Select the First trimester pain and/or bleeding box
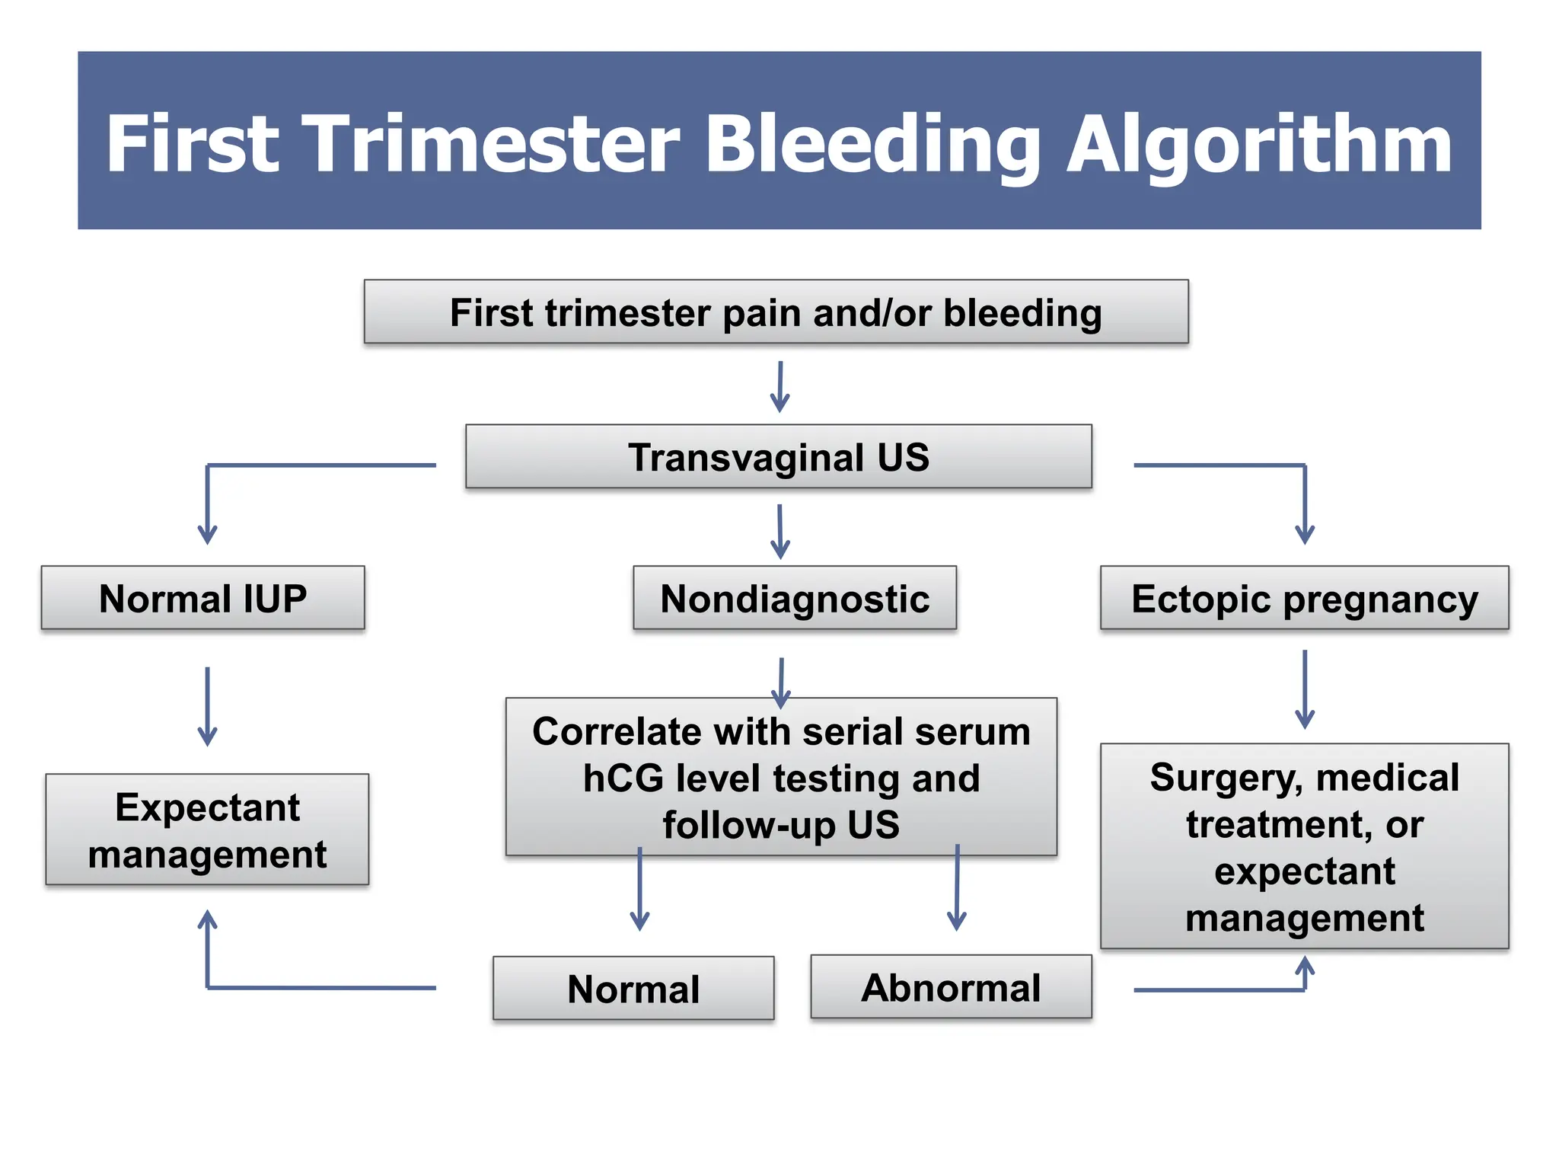(776, 312)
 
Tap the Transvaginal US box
(778, 457)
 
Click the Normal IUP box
(202, 599)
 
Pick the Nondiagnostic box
(794, 599)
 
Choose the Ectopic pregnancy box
(1304, 599)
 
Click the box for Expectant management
(207, 830)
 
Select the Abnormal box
(950, 988)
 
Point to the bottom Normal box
(633, 989)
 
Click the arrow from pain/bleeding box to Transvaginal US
(779, 387)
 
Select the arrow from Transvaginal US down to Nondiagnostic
(779, 531)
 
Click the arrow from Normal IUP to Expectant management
(207, 706)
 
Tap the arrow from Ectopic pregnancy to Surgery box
(1304, 689)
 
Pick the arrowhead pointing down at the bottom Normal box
(639, 921)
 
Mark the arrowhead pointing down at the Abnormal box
(956, 921)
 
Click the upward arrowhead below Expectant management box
(207, 919)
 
